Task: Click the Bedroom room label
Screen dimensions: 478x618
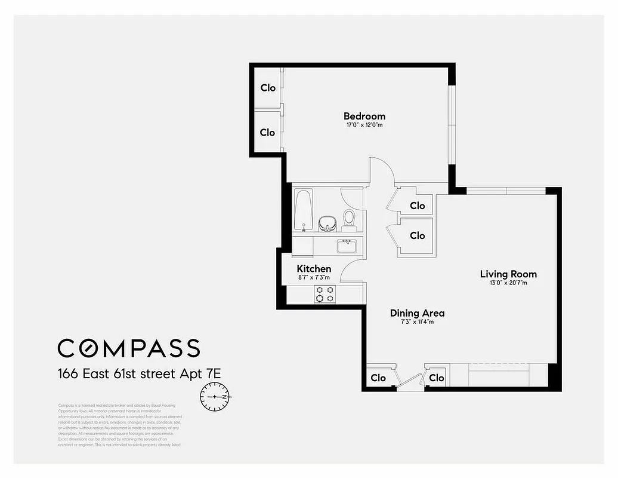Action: (364, 116)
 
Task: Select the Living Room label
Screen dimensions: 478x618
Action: (508, 274)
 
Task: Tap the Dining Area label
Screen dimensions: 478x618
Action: (417, 313)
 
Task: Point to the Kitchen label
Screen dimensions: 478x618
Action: (314, 269)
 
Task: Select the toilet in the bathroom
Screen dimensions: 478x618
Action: (350, 219)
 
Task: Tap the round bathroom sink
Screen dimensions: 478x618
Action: (326, 223)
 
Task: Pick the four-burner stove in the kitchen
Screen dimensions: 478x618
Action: (325, 293)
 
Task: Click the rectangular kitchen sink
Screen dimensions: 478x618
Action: (346, 246)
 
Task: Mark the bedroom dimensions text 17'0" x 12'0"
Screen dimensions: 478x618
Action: (364, 125)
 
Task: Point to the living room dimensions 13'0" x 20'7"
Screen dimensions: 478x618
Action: (508, 283)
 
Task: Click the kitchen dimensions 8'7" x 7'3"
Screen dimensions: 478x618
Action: (314, 278)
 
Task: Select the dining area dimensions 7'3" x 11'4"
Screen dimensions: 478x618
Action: (417, 322)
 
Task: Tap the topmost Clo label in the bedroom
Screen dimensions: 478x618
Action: (268, 88)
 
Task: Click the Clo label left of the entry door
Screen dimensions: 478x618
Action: (378, 378)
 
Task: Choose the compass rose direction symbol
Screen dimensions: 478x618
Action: (215, 397)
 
